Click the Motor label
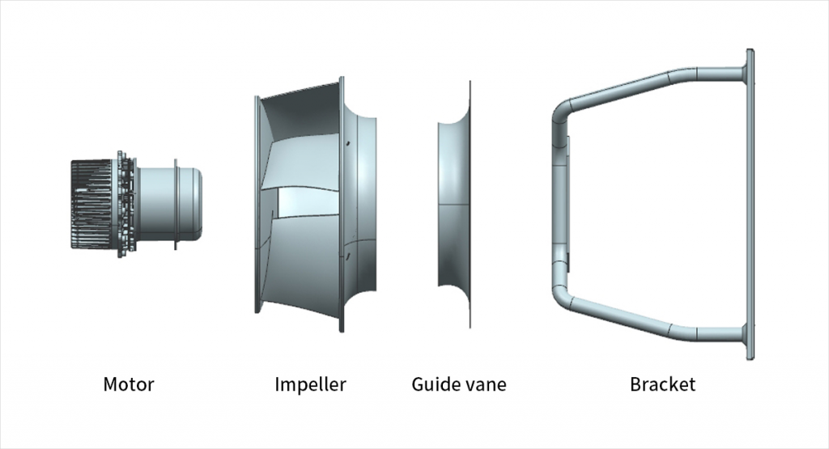click(128, 384)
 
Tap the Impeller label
click(310, 384)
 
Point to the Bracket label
click(662, 384)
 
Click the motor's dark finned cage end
click(91, 204)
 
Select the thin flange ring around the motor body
click(176, 204)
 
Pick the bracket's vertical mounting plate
click(750, 204)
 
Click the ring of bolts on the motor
click(123, 204)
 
